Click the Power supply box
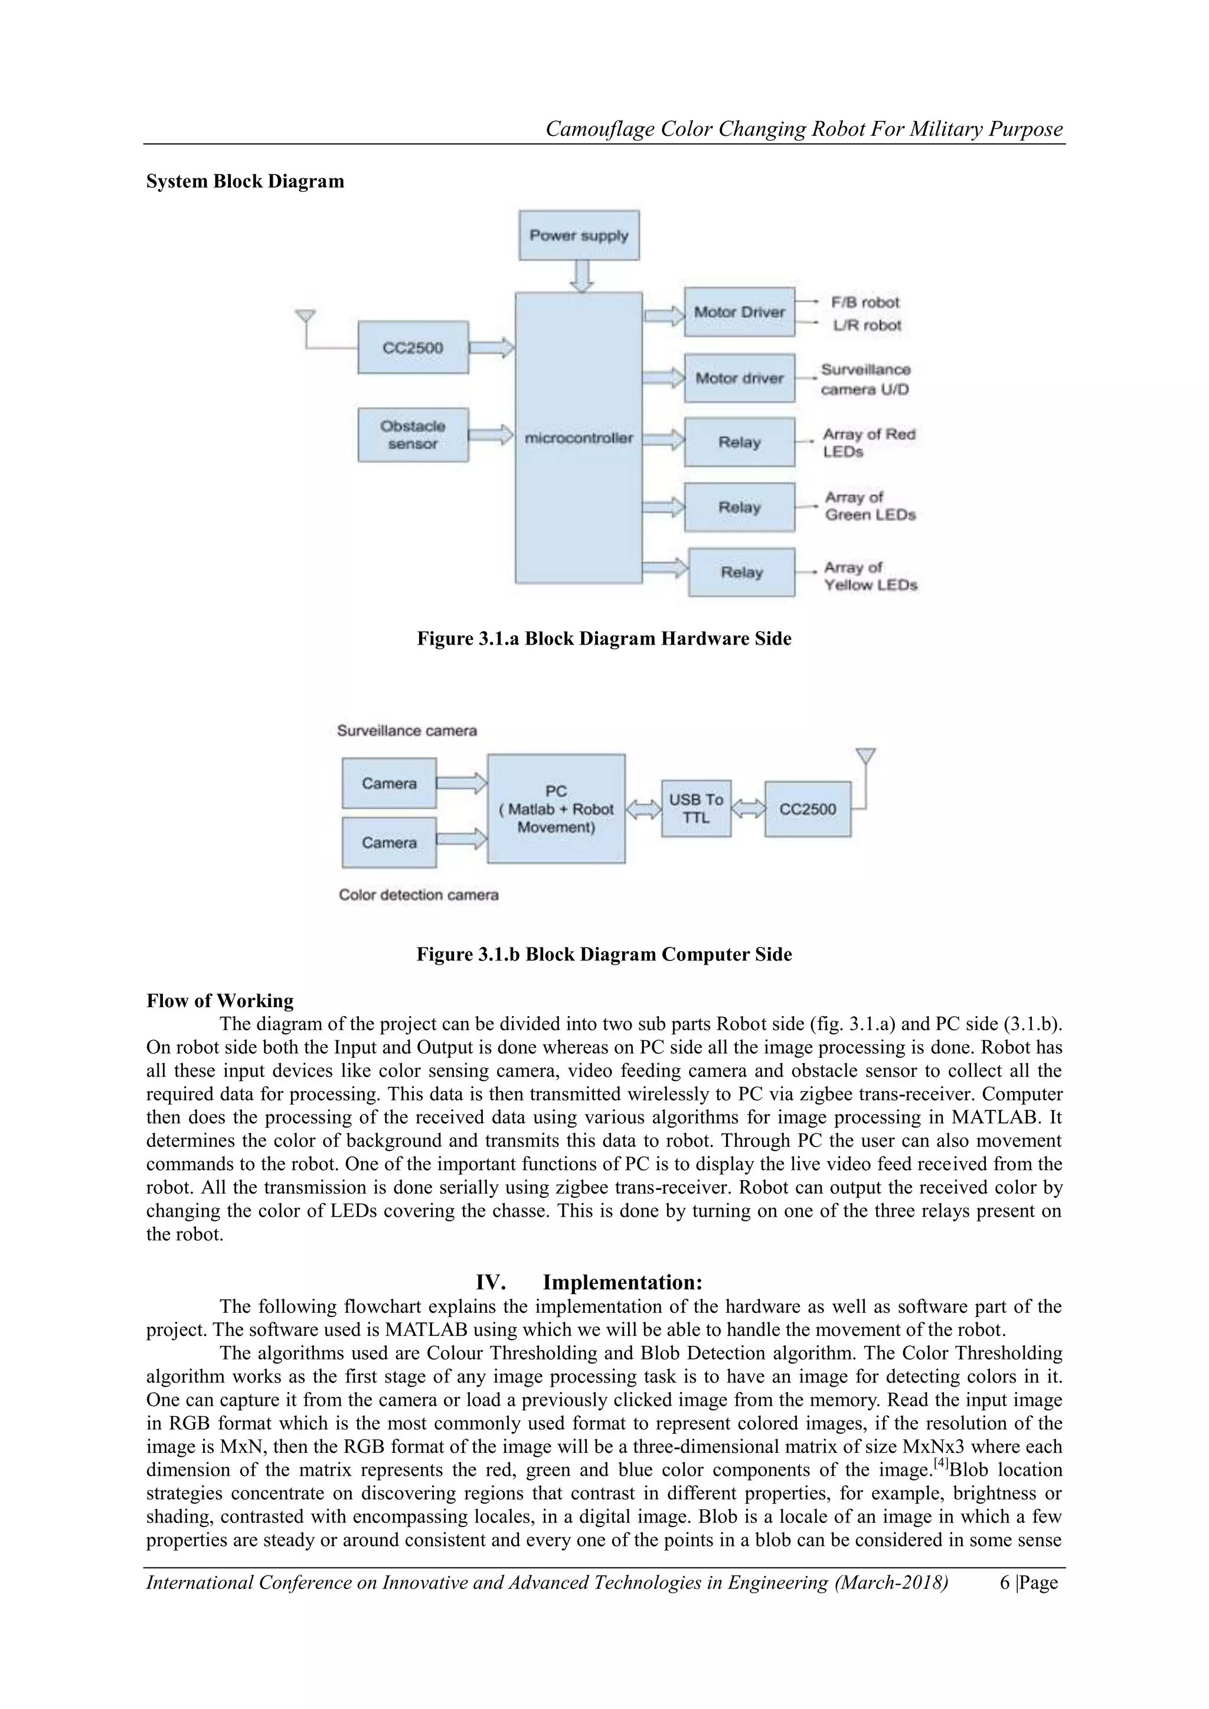point(579,235)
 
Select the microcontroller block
point(579,437)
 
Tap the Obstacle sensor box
point(413,434)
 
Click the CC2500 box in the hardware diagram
point(413,348)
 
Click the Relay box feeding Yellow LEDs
point(741,573)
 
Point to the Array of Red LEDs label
point(868,443)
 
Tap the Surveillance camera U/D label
point(865,380)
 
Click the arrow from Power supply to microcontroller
point(581,276)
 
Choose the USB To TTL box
point(695,808)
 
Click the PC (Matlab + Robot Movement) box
point(556,809)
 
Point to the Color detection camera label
point(419,895)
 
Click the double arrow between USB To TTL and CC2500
point(747,808)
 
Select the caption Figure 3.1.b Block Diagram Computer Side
point(604,954)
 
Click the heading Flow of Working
point(220,1001)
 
